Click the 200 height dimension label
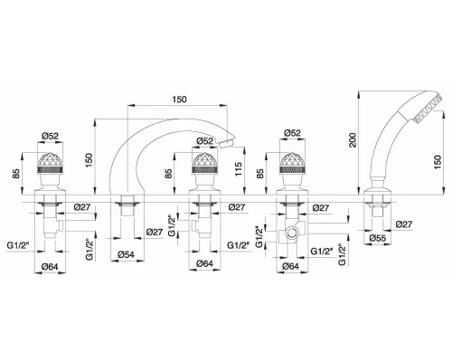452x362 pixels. click(x=353, y=140)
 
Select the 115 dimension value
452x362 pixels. click(x=238, y=169)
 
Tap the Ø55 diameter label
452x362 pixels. click(x=378, y=238)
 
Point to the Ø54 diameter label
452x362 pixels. click(x=126, y=254)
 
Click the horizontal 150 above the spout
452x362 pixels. click(x=179, y=100)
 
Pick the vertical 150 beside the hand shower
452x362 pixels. click(x=438, y=162)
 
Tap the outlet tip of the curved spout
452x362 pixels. click(x=227, y=143)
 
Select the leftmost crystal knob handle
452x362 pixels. click(x=51, y=163)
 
